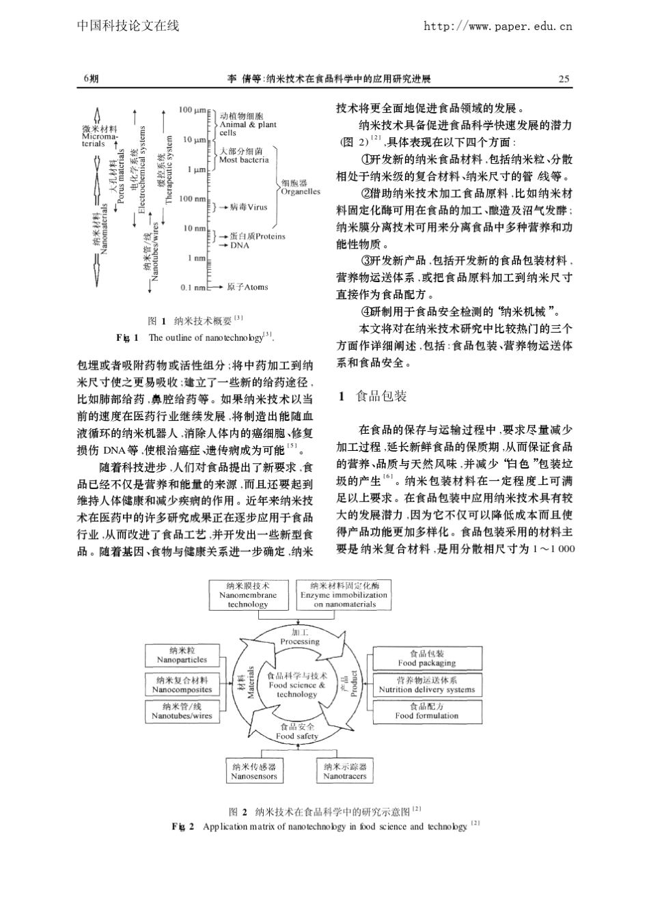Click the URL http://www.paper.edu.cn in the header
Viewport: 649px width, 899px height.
497,27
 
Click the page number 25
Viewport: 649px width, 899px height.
564,79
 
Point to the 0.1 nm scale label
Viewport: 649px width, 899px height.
193,288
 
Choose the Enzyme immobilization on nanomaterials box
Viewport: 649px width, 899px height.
344,595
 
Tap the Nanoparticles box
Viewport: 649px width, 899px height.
182,656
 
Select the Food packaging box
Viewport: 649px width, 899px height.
426,658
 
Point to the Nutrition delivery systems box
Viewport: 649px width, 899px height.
426,685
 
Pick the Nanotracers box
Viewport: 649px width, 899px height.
344,772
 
